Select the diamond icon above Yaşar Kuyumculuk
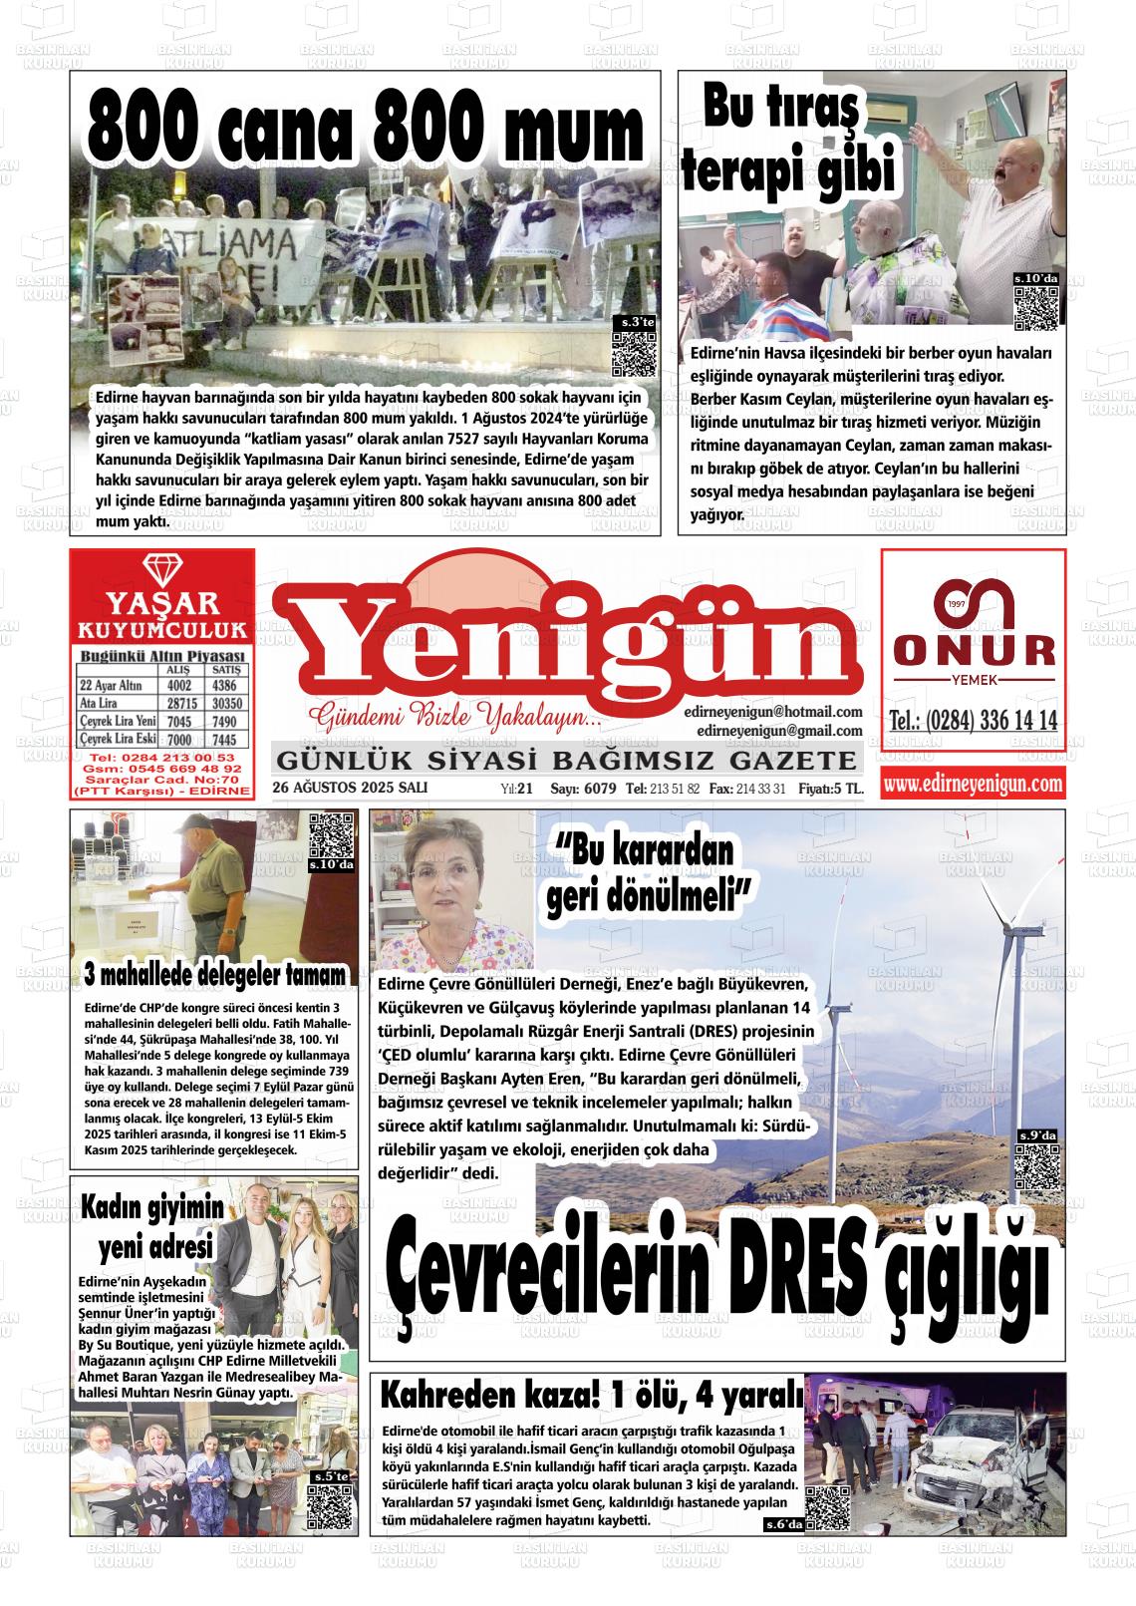point(161,570)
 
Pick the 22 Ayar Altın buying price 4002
point(179,686)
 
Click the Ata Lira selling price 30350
point(224,704)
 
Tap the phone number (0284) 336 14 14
point(973,720)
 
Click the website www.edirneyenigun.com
point(973,784)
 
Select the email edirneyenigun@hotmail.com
point(772,712)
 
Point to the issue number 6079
point(597,789)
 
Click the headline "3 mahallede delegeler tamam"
point(215,974)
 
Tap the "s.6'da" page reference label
point(782,1524)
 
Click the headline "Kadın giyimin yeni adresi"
point(149,1227)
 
